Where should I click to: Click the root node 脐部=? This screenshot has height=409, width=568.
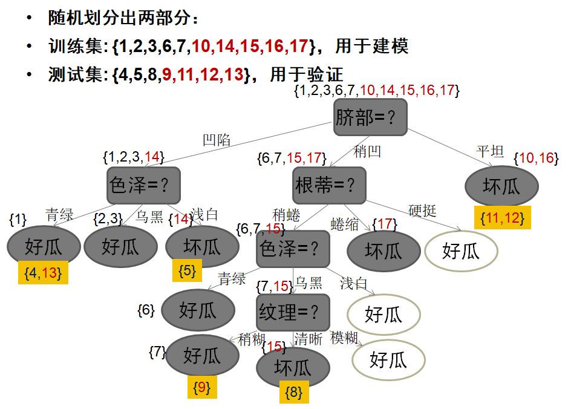tap(370, 117)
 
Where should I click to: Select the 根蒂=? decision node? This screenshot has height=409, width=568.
tap(330, 185)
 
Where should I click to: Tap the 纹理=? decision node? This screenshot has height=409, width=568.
tap(293, 312)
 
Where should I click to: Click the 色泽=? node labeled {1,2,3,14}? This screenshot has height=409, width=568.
tap(145, 185)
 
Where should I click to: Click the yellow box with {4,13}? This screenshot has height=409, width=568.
tap(43, 272)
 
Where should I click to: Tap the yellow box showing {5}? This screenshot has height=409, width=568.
tap(187, 270)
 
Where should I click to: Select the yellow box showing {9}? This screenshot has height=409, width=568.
tap(200, 387)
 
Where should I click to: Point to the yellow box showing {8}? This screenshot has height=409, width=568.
tap(293, 392)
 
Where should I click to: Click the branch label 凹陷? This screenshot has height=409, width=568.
tap(217, 140)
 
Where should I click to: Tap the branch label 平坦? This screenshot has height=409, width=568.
tap(490, 151)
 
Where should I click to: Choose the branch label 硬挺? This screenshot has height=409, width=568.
tap(422, 211)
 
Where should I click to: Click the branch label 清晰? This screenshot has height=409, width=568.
tap(308, 339)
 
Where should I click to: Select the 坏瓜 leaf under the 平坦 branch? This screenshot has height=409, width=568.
tap(501, 186)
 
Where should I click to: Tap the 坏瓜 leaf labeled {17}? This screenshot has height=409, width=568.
tap(383, 250)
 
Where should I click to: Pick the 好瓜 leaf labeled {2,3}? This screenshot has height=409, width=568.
tap(120, 246)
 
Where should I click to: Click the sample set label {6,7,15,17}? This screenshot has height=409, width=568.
tap(289, 159)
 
